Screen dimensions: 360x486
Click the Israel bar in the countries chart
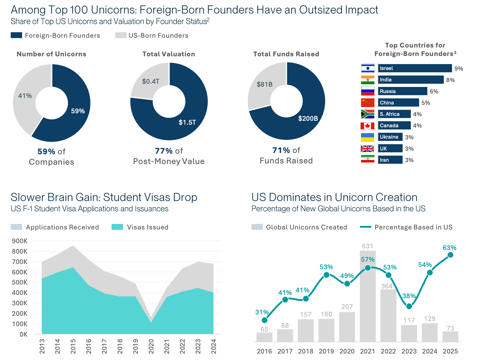tap(415, 68)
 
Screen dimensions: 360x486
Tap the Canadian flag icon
tap(367, 126)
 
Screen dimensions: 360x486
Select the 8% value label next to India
tap(450, 80)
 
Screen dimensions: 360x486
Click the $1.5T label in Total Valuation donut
tap(187, 122)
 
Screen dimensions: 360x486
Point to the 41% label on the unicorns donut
tap(25, 96)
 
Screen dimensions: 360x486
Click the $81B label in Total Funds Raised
tap(264, 84)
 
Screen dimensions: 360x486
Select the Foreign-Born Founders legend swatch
tap(16, 35)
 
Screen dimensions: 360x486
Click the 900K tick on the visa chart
tap(20, 241)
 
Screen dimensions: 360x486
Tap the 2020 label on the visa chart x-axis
tap(151, 346)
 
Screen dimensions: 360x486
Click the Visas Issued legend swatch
tap(117, 227)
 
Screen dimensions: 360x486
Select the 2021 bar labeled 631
tap(368, 296)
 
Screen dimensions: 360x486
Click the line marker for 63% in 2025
tap(450, 255)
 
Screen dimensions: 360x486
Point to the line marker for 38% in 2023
tap(409, 306)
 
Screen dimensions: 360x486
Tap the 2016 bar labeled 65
tap(264, 337)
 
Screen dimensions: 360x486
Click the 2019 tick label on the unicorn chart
tap(326, 351)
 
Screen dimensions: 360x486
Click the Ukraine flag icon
tap(367, 137)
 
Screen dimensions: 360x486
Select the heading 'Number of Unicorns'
tap(51, 54)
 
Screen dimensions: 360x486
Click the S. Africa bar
tap(394, 114)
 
